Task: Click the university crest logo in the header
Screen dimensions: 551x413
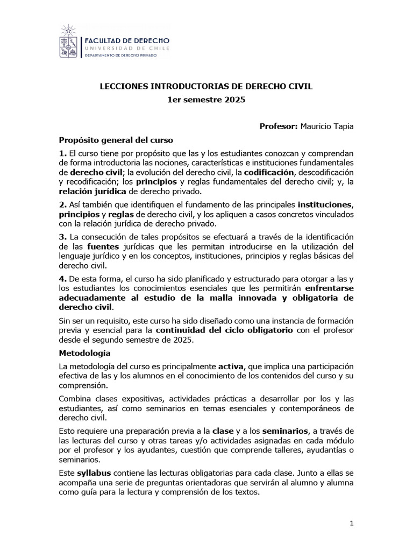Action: click(x=69, y=44)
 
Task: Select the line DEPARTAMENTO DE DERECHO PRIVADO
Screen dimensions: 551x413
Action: click(x=124, y=56)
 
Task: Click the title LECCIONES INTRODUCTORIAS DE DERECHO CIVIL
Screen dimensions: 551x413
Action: click(x=206, y=86)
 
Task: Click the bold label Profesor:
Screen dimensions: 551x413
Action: click(x=278, y=126)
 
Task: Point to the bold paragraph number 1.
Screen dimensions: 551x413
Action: click(x=62, y=154)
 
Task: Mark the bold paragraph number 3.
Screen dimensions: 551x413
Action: click(x=62, y=237)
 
